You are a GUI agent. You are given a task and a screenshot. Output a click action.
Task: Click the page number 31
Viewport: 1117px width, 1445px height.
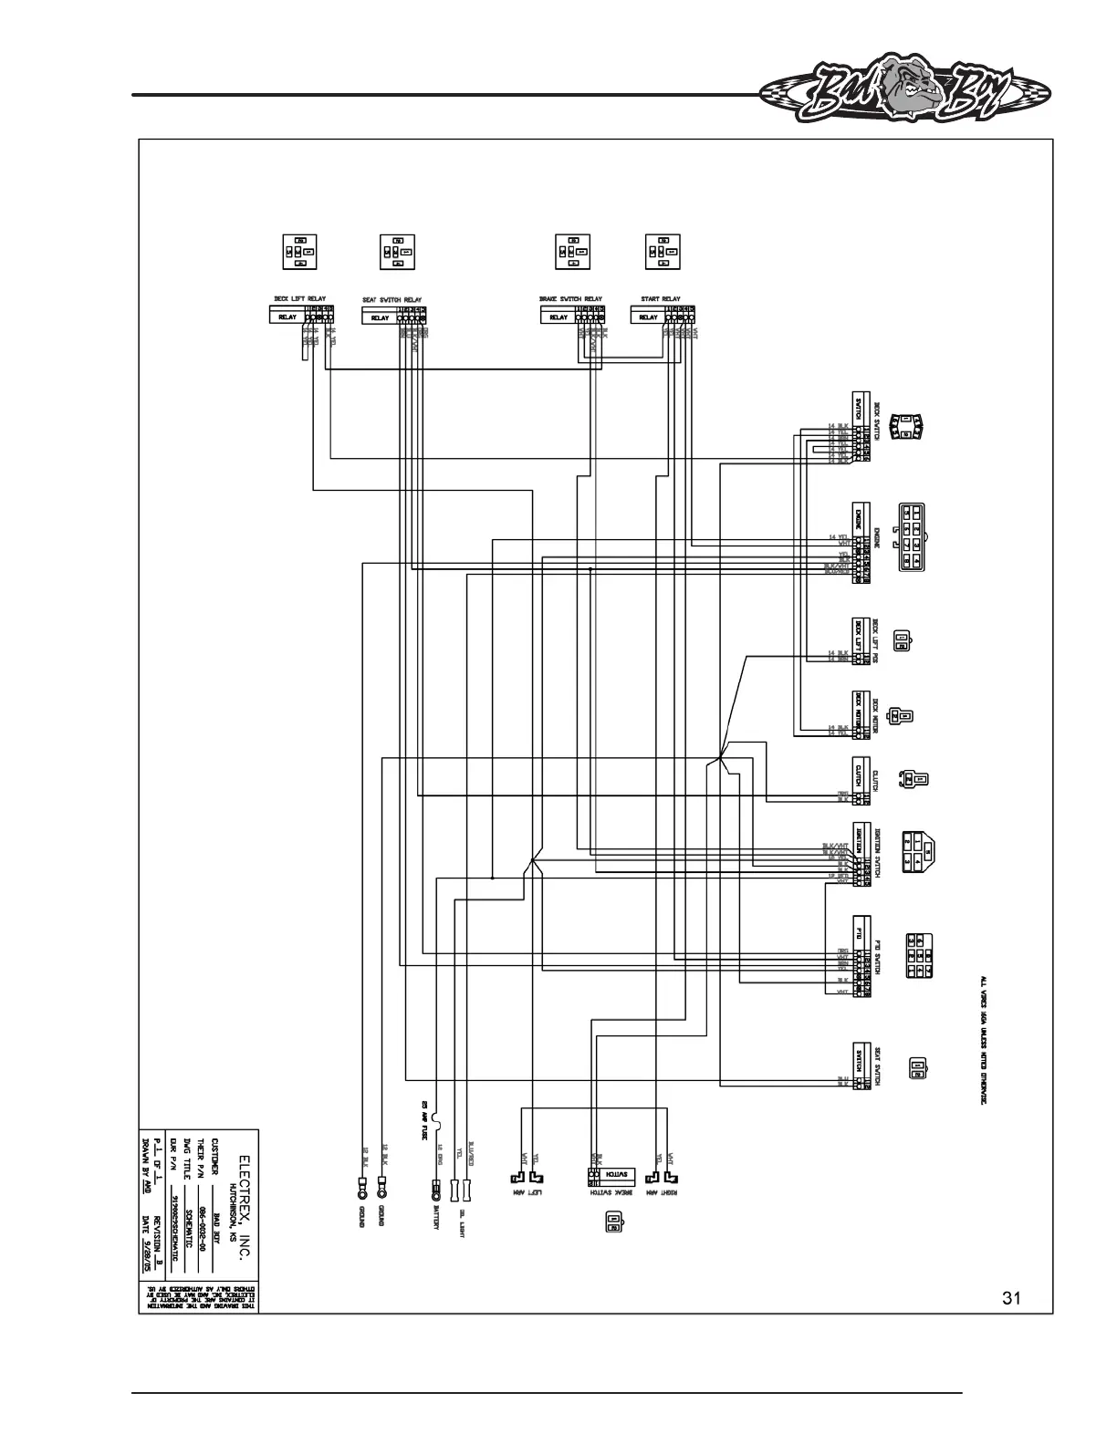[1010, 1298]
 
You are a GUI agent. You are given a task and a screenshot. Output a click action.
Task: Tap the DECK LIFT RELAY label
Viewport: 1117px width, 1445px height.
[300, 298]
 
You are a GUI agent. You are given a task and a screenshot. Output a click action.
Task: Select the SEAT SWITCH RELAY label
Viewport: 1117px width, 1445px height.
[392, 299]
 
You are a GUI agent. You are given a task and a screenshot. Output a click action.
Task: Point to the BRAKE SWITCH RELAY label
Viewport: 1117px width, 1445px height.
[571, 298]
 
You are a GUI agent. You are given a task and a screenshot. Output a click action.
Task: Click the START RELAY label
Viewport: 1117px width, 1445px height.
[661, 298]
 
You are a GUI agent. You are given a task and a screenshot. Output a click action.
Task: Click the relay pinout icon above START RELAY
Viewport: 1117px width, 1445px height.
[662, 252]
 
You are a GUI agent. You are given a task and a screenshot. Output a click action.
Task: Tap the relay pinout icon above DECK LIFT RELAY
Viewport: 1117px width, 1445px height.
[298, 252]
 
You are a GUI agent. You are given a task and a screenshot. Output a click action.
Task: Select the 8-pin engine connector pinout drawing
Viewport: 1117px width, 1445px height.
[913, 535]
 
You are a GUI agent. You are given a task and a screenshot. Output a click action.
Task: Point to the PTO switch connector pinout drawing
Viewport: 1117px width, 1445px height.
[918, 955]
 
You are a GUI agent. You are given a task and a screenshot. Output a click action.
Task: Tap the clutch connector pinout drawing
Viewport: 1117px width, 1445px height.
[915, 779]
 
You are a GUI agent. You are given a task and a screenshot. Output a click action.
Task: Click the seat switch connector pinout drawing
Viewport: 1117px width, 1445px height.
[918, 1068]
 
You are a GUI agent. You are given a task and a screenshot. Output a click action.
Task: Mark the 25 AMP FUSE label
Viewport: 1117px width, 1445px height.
[424, 1121]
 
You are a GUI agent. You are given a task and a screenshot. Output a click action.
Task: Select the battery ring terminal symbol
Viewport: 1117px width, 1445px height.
[436, 1190]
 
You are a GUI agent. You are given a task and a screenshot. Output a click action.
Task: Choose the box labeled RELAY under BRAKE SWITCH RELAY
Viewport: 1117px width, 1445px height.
[558, 317]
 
